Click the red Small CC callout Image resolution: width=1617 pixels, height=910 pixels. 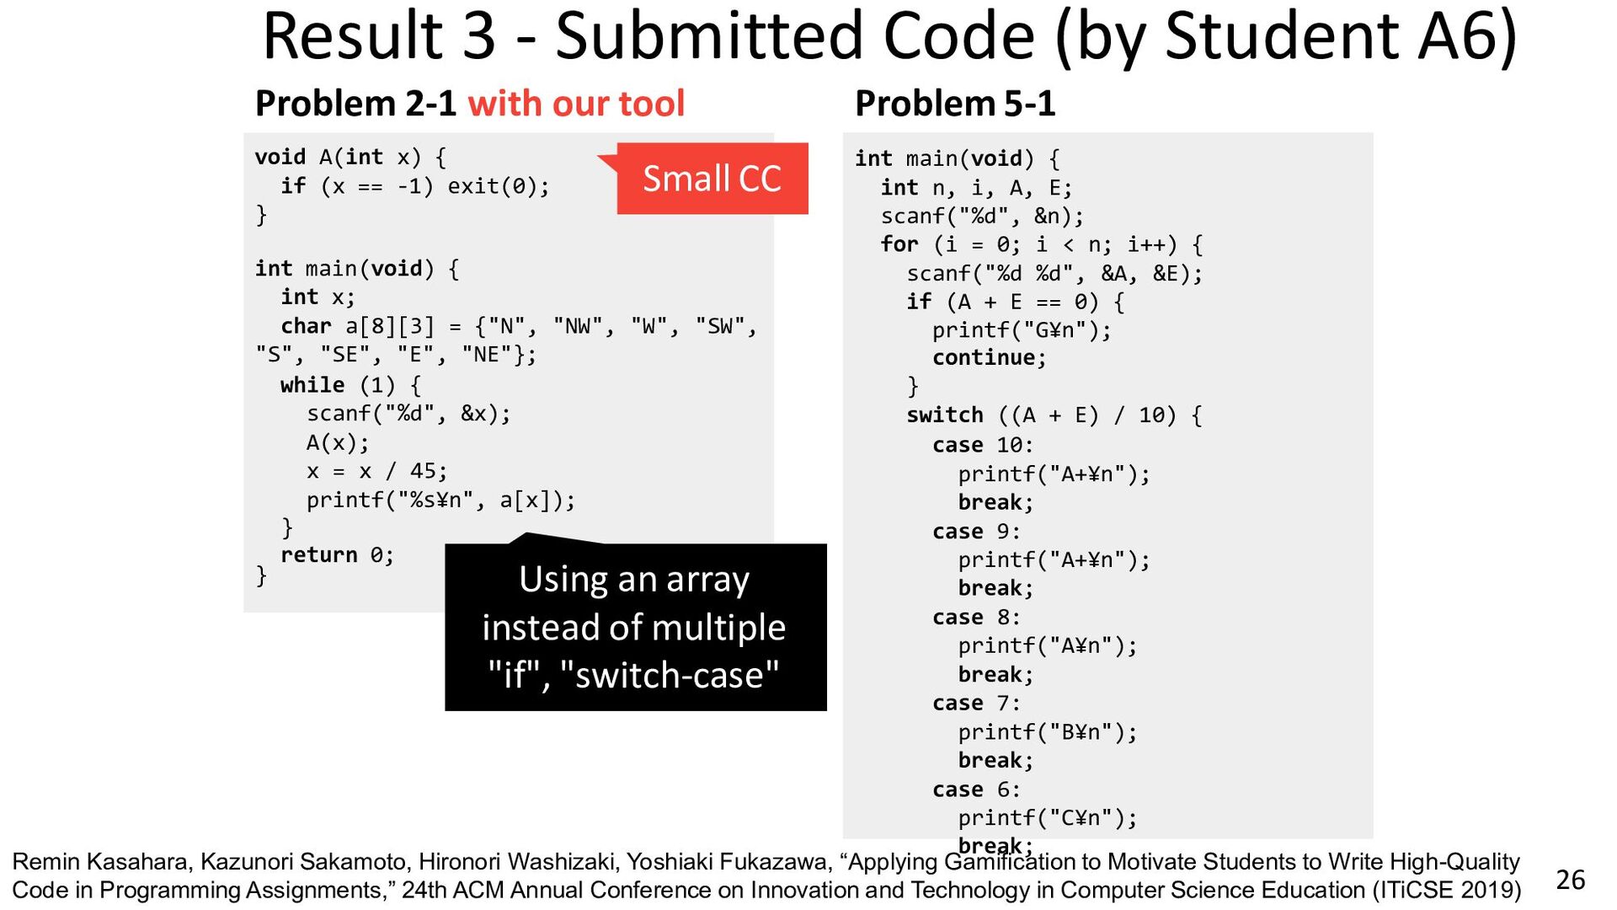pyautogui.click(x=712, y=179)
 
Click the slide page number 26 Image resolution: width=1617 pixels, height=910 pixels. pyautogui.click(x=1570, y=880)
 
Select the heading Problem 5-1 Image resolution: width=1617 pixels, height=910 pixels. pyautogui.click(x=954, y=104)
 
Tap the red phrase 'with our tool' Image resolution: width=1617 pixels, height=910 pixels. pyautogui.click(x=576, y=104)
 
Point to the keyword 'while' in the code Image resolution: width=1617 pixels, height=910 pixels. pyautogui.click(x=312, y=385)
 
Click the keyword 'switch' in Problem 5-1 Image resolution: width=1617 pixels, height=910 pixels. pyautogui.click(x=944, y=415)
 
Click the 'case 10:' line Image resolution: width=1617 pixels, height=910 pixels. pyautogui.click(x=982, y=445)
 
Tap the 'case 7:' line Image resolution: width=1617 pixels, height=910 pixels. pyautogui.click(x=975, y=704)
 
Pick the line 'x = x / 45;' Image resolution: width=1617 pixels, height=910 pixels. pyautogui.click(x=376, y=471)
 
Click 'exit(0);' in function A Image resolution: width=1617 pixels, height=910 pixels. pyautogui.click(x=498, y=186)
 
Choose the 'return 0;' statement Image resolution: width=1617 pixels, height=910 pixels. pyautogui.click(x=337, y=555)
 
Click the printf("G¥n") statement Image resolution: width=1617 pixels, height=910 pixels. pyautogui.click(x=1022, y=330)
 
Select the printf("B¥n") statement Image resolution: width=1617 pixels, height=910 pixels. pyautogui.click(x=1047, y=732)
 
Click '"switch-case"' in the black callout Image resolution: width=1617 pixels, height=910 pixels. pyautogui.click(x=669, y=676)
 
